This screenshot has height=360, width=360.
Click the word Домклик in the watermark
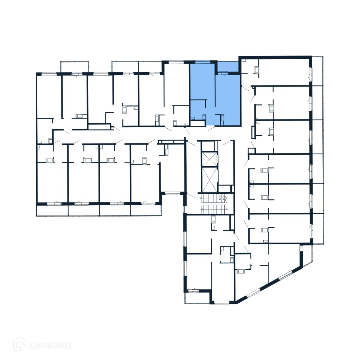coord(50,345)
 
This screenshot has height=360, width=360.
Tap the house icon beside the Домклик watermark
coord(20,345)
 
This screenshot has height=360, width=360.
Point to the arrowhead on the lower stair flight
coord(203,209)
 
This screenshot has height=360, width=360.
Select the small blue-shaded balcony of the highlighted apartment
coord(227,66)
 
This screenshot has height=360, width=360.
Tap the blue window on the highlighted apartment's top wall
coord(202,62)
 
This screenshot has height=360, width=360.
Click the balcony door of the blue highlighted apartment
coord(223,73)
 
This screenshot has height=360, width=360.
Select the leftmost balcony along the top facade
coord(75,67)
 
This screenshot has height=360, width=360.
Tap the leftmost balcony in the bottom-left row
coord(52,210)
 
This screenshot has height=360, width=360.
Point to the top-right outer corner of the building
coord(311,57)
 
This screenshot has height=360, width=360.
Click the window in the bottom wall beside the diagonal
coord(221,302)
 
